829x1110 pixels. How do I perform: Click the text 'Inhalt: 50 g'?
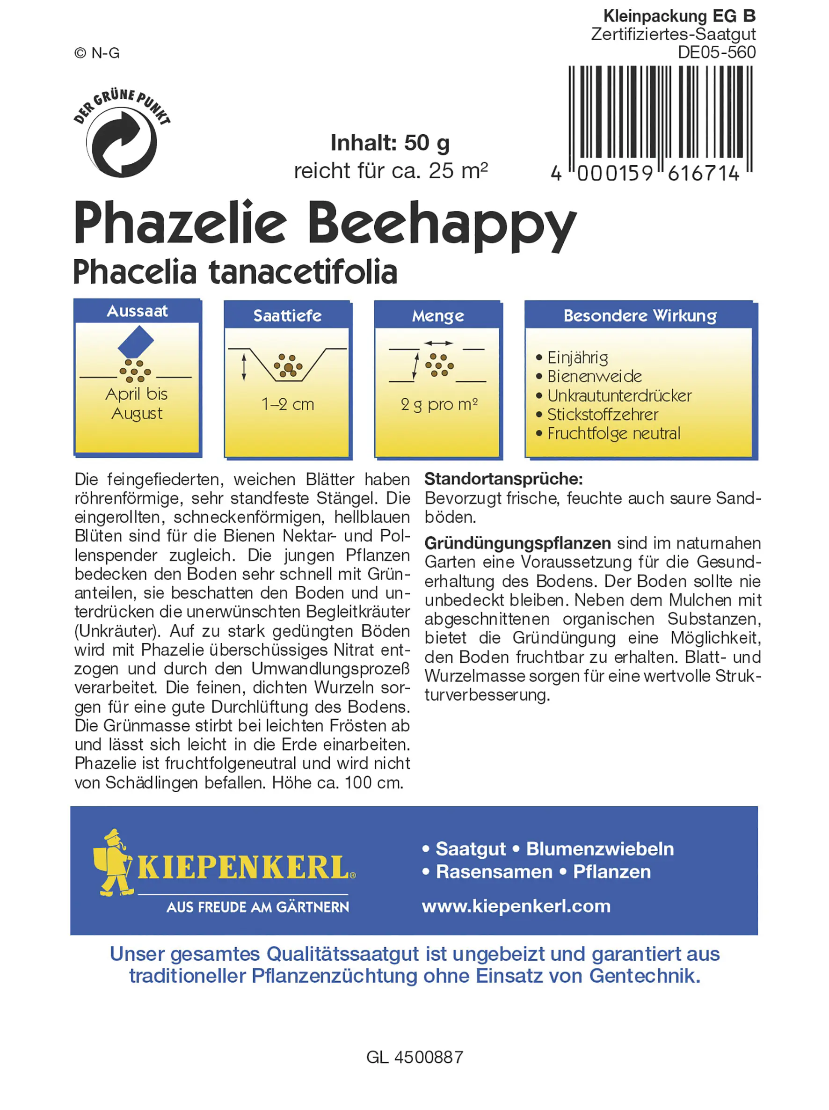tap(390, 143)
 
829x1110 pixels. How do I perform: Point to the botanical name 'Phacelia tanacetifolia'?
tap(235, 272)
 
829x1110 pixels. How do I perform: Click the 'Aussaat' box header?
tap(137, 311)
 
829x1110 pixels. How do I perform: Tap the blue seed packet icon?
tap(136, 342)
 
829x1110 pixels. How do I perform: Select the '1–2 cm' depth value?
tap(288, 404)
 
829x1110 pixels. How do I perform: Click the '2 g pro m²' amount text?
tap(438, 404)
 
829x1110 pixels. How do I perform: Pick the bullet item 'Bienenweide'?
tap(594, 376)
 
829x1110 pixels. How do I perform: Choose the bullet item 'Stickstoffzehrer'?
tap(602, 415)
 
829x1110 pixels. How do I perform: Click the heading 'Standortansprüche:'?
tap(503, 479)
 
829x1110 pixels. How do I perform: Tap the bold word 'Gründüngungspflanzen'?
tap(517, 543)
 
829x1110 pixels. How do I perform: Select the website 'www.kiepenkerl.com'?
tap(516, 906)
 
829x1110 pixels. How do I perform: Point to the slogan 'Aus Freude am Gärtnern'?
tap(257, 907)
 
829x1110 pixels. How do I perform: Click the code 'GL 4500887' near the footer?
tap(414, 1057)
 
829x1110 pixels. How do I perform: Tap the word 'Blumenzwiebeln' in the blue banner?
tap(600, 848)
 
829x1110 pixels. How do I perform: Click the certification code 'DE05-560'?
tap(716, 52)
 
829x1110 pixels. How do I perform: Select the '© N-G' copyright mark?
tap(97, 53)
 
